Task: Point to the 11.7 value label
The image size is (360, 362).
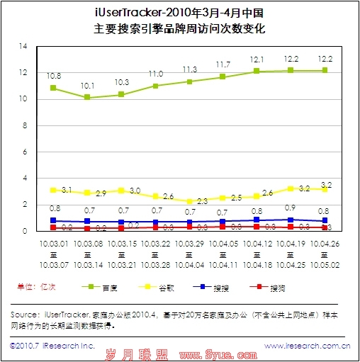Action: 223,64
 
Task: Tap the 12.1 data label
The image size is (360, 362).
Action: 257,60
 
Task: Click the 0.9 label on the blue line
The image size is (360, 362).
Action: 291,208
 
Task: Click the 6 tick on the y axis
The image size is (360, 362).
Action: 24,152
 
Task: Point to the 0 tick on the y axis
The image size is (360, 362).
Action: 24,231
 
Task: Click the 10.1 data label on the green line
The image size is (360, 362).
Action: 86,86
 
